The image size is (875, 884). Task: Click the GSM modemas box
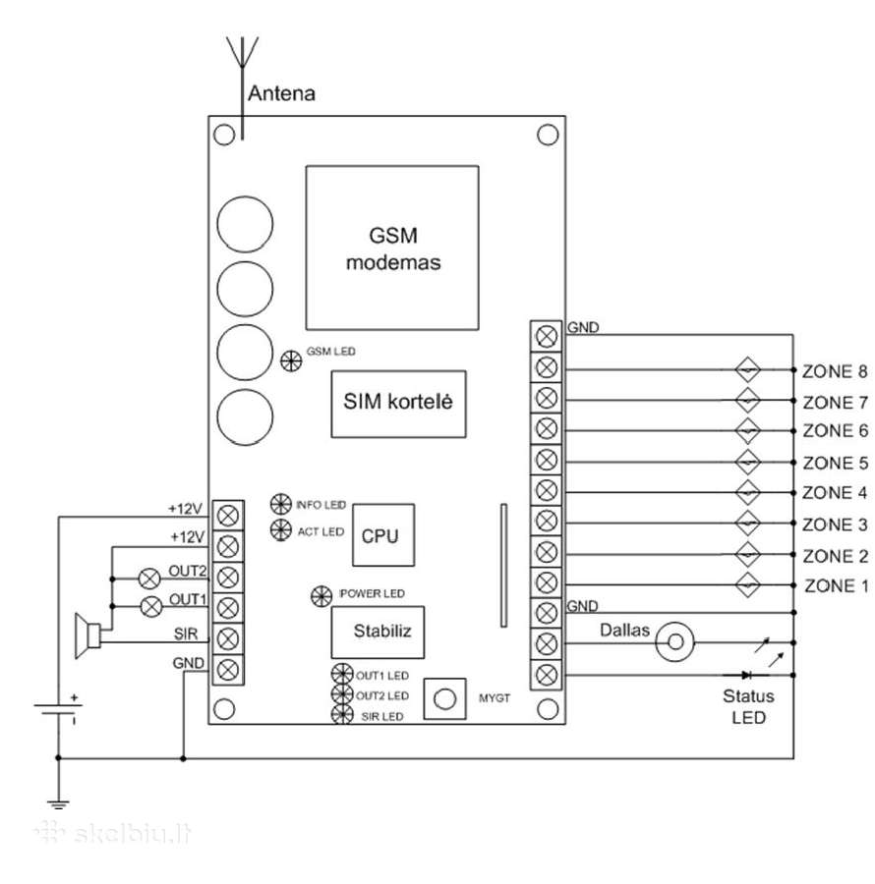click(x=392, y=248)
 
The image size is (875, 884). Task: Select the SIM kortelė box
click(x=398, y=404)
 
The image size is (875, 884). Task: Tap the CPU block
click(x=383, y=535)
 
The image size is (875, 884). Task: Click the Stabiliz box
click(x=378, y=632)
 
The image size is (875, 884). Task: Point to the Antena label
click(x=281, y=93)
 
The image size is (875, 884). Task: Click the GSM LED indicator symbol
click(x=291, y=360)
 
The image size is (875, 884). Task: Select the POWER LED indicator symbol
click(x=321, y=596)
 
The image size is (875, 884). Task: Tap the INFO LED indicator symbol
click(x=281, y=504)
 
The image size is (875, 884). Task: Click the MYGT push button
click(x=444, y=698)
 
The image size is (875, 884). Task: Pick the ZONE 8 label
click(x=835, y=371)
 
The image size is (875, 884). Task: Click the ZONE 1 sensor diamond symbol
click(x=747, y=584)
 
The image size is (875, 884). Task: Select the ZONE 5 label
click(x=835, y=463)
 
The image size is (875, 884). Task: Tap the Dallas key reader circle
click(x=675, y=641)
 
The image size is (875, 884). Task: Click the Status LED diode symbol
click(x=746, y=675)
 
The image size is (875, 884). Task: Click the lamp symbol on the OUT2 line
click(x=149, y=579)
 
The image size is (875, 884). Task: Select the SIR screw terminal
click(x=228, y=638)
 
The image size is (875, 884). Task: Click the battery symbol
click(x=58, y=709)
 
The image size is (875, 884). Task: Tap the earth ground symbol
click(x=58, y=805)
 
